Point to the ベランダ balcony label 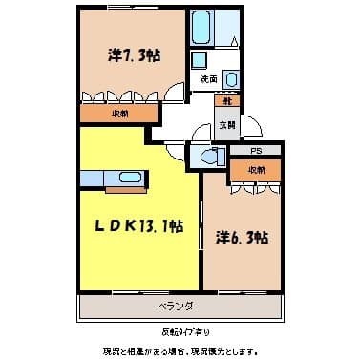[x=176, y=307]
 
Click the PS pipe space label [x=255, y=151]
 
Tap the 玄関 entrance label [x=229, y=123]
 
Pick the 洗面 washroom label [x=208, y=78]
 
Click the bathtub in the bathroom [x=202, y=29]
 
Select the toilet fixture [x=209, y=155]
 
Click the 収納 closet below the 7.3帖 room [x=119, y=112]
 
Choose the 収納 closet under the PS [x=255, y=170]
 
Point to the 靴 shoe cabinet [x=228, y=100]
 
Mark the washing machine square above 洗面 [x=201, y=58]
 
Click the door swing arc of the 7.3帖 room [x=175, y=94]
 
